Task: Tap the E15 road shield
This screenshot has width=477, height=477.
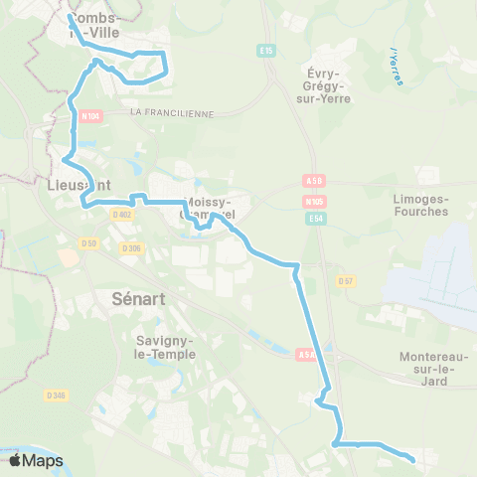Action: (x=264, y=49)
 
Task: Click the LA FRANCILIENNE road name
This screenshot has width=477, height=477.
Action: (x=172, y=113)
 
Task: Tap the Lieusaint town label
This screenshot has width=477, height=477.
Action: (x=78, y=184)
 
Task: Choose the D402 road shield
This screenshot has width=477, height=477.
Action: (x=122, y=214)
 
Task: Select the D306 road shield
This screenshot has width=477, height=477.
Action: (x=130, y=248)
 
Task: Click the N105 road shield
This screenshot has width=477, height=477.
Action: (x=315, y=201)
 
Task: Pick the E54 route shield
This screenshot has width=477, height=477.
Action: (x=316, y=218)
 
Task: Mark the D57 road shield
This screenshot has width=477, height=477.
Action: (x=346, y=281)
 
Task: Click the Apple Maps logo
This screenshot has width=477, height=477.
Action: (x=36, y=460)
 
